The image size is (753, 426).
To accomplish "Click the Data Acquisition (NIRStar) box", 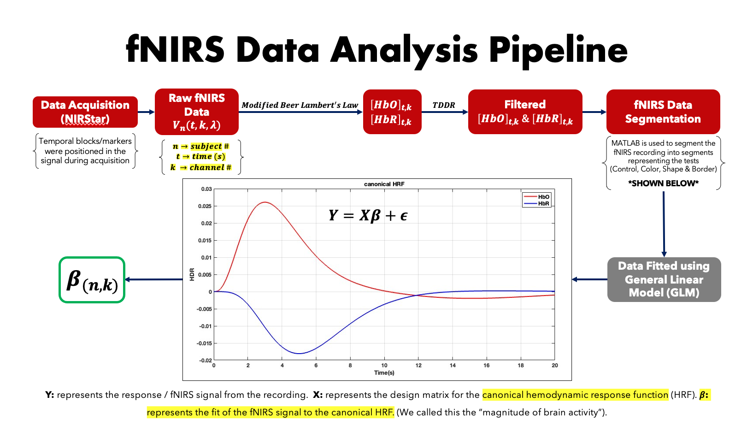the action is pos(85,112).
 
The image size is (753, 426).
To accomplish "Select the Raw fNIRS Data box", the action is pos(197,112).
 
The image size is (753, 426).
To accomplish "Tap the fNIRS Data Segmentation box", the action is pos(663,112).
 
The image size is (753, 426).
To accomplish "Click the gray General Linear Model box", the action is pos(664,279).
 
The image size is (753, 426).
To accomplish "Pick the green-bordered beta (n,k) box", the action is pos(92,280).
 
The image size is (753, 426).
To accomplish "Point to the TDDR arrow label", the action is pos(444,105).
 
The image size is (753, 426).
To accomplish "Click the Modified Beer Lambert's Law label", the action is pos(300,105).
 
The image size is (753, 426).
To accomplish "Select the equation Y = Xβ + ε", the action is pos(368,215).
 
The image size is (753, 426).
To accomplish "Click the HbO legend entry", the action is pos(537,197).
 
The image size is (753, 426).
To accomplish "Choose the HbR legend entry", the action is pos(537,204).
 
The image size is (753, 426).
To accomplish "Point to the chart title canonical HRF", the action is pos(384,184).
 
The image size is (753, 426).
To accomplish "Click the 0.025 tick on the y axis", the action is pos(205,206).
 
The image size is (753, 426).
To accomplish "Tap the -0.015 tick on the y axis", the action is pos(204,343).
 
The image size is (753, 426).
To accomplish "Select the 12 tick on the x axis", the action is pos(418,366).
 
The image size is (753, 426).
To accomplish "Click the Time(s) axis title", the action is pos(384,373).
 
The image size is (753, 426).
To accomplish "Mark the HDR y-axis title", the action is pos(192,274).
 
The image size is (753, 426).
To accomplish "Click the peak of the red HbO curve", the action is pos(265,202).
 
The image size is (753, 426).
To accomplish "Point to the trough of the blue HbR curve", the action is pos(299,353).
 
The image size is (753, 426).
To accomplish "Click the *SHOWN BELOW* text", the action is pos(663,183).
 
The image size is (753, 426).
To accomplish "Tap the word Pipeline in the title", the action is pos(558,50).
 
